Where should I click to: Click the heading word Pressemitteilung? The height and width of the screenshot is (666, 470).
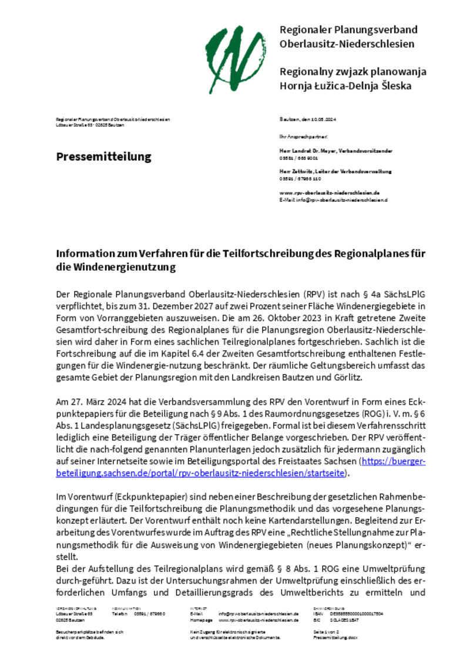coord(104,156)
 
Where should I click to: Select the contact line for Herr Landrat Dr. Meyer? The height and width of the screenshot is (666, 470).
coord(336,151)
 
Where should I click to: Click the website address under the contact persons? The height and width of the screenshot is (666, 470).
coord(329,192)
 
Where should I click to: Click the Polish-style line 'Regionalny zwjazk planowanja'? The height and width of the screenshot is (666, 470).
coord(353,72)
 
